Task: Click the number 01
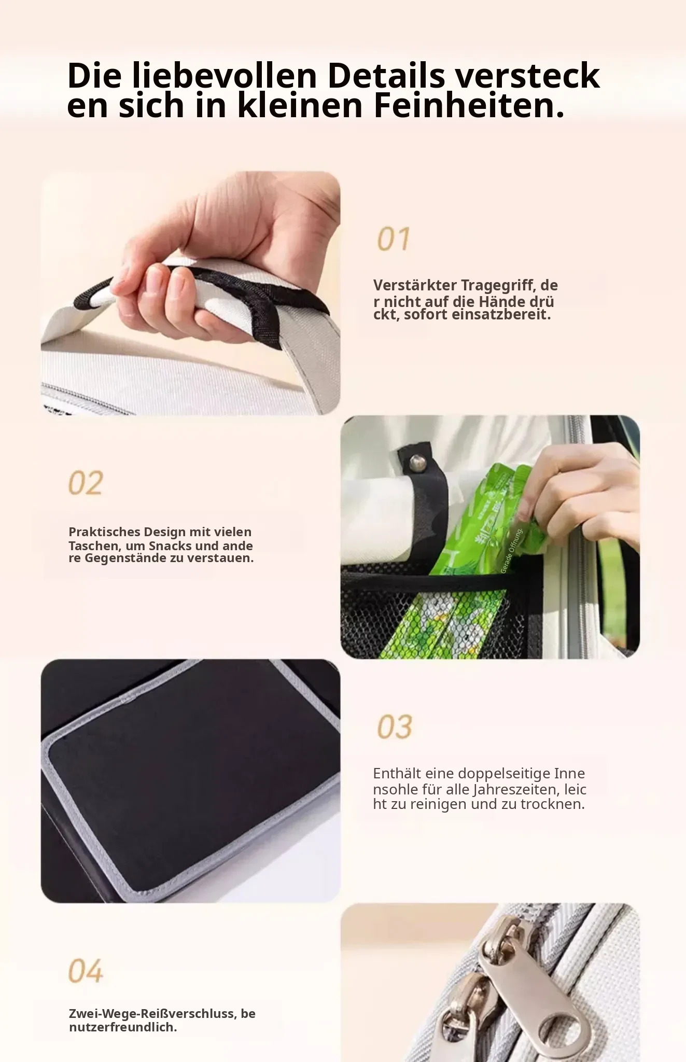click(x=394, y=239)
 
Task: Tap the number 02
click(x=86, y=483)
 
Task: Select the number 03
click(x=395, y=726)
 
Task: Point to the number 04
click(x=86, y=971)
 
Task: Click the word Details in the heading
click(x=386, y=76)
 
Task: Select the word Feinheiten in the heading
click(x=469, y=105)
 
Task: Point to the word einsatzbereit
click(x=501, y=314)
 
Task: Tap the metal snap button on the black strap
click(x=415, y=460)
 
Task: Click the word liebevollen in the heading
click(x=225, y=76)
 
